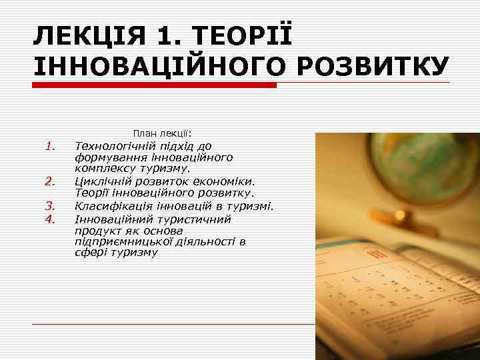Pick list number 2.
49,181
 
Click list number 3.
49,205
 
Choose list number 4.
49,217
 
